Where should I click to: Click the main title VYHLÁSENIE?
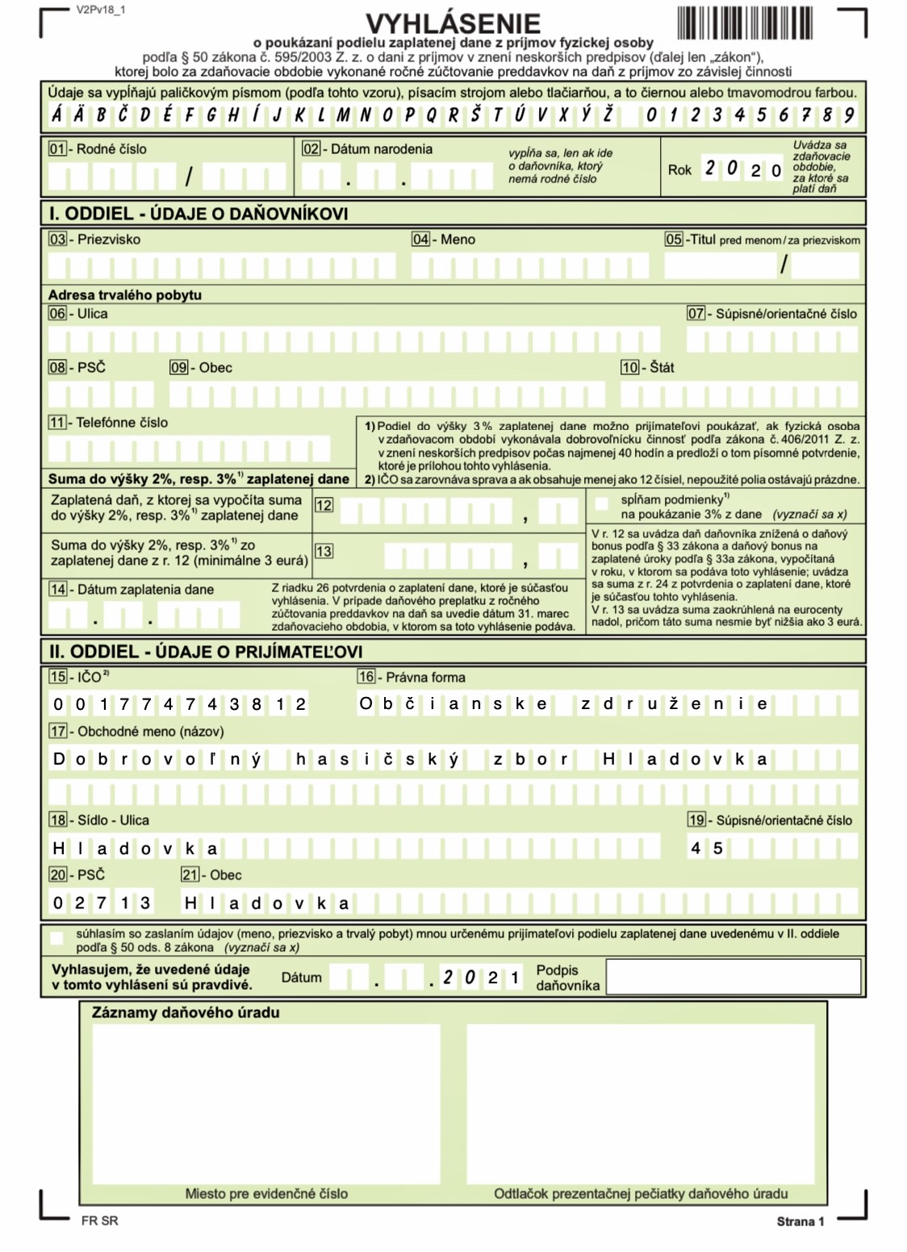(x=453, y=23)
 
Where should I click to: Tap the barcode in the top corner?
(x=744, y=23)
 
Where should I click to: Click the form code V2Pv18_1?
(x=101, y=11)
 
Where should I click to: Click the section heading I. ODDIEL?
(x=199, y=214)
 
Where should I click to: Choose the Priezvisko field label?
(x=108, y=240)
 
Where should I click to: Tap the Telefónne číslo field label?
(x=122, y=422)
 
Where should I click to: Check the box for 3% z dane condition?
(x=601, y=504)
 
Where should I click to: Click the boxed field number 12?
(x=324, y=505)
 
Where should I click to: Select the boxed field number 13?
(x=324, y=551)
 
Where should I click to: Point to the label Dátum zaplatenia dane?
(x=145, y=590)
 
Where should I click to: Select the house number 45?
(x=706, y=848)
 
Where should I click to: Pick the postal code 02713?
(x=102, y=903)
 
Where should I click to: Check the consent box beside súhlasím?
(x=56, y=938)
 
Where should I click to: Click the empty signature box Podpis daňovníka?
(x=733, y=977)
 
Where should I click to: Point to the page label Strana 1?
(x=800, y=1221)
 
